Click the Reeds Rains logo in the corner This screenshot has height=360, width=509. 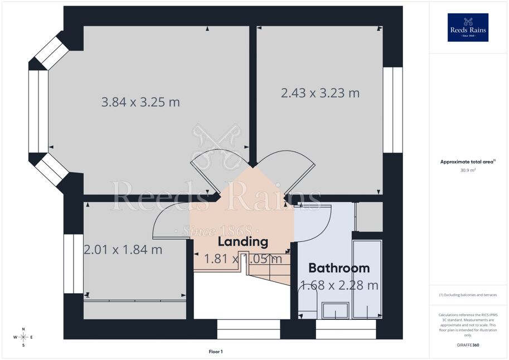(x=468, y=27)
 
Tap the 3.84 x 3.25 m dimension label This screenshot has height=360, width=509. (x=140, y=102)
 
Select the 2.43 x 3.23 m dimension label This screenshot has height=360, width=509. (x=320, y=93)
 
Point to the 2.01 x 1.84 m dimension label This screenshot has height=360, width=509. (x=123, y=250)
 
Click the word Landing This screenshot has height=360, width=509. (x=243, y=242)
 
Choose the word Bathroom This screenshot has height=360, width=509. (x=339, y=268)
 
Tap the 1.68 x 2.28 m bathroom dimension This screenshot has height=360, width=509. (x=339, y=285)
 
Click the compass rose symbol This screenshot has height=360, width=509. (x=23, y=337)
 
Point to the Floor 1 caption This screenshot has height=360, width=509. (x=216, y=352)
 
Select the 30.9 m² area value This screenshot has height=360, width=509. (x=468, y=170)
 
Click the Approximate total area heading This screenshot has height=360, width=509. (x=468, y=162)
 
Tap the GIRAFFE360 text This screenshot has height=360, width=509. (x=468, y=345)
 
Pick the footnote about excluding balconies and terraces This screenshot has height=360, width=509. (x=468, y=295)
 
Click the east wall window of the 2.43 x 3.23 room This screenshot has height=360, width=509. (x=393, y=110)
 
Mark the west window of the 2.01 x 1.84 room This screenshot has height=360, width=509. (x=74, y=264)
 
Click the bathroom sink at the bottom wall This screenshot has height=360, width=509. (x=336, y=310)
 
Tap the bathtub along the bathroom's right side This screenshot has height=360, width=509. (x=367, y=279)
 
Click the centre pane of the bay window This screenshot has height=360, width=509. (x=38, y=111)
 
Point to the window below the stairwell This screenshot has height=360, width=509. (x=248, y=329)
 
